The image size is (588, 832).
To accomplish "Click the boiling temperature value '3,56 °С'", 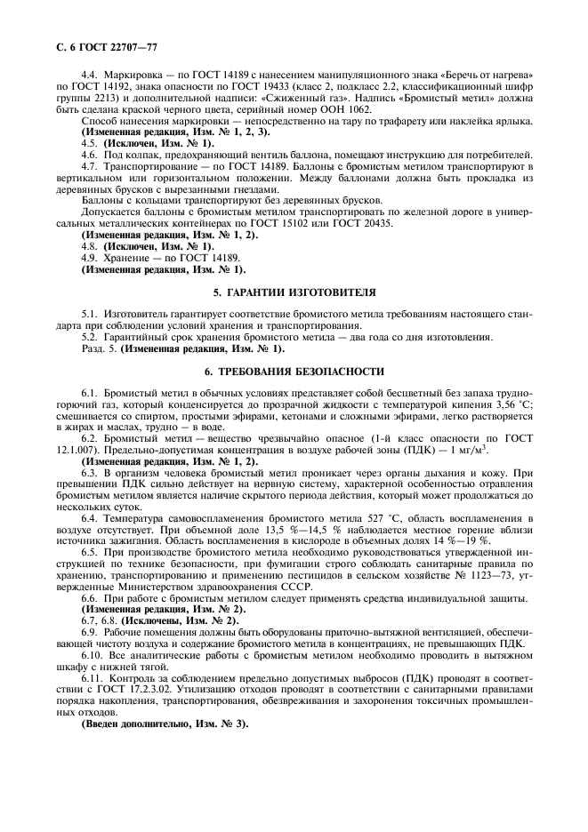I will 511,404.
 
